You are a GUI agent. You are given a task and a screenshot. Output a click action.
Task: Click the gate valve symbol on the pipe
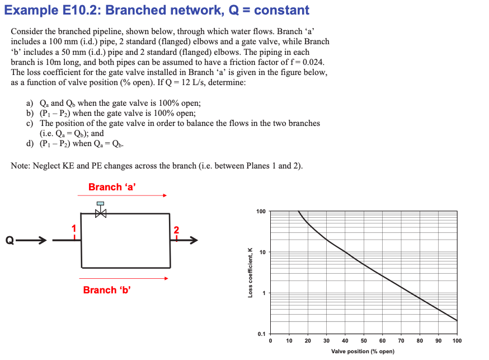tap(101, 211)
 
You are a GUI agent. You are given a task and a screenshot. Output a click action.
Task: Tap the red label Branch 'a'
tap(112, 187)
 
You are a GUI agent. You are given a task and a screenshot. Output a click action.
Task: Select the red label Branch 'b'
tap(107, 290)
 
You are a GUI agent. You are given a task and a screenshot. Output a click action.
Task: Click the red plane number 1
tap(72, 228)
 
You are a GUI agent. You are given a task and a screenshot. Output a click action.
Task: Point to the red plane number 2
tap(177, 230)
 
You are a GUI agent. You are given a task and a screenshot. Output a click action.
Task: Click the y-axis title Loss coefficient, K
tap(251, 272)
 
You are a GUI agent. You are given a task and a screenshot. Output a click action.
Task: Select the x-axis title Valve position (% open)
tap(363, 351)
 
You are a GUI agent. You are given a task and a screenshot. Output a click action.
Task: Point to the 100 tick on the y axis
tap(261, 212)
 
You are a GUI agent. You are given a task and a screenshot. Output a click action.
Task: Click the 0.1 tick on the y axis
tap(262, 334)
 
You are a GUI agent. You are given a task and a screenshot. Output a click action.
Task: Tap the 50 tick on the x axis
tap(364, 340)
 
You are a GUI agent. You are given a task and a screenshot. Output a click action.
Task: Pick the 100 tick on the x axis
tap(457, 340)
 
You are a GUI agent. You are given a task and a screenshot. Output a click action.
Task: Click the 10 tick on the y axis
tap(262, 253)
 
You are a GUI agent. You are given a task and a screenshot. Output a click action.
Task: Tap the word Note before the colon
tap(21, 165)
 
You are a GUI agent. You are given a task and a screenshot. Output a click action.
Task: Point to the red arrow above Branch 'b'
tap(123, 278)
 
